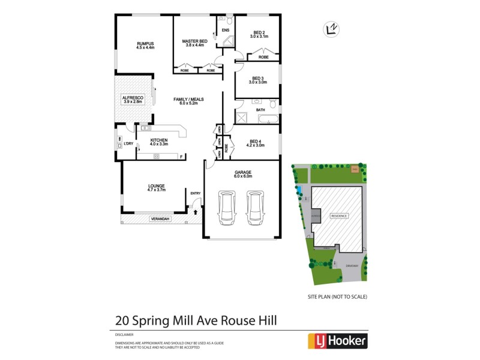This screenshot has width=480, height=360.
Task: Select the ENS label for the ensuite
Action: pos(226,30)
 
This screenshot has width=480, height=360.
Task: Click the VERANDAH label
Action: pos(160,220)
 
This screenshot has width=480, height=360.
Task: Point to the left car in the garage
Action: pos(227,207)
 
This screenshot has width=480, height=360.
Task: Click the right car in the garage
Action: pos(255,207)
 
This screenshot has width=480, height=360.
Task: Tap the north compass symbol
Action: pos(330,29)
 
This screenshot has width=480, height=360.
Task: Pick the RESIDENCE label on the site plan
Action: pos(340,215)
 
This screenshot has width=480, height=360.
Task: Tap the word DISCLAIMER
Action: pos(124,334)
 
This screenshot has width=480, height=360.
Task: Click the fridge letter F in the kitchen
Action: pos(181,157)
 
